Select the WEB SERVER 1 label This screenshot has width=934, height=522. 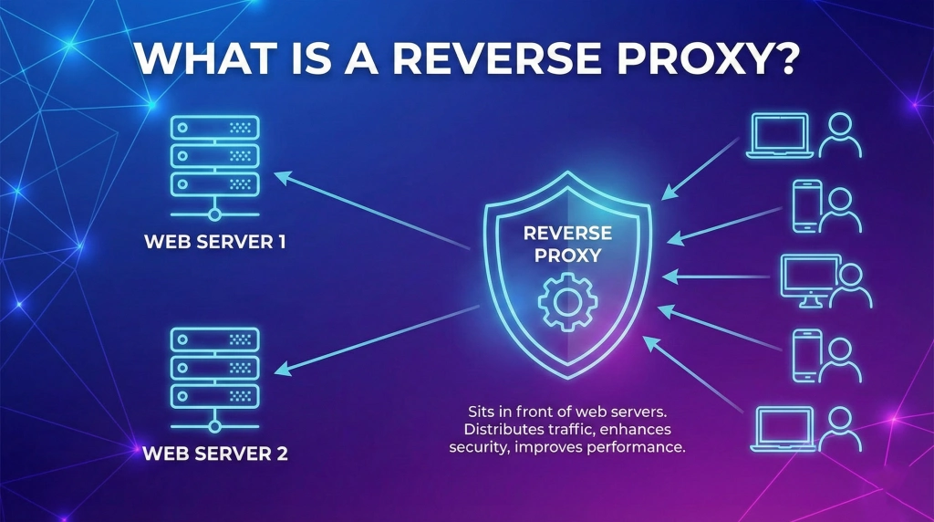[x=215, y=244]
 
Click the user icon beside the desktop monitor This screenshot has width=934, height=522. [x=854, y=285]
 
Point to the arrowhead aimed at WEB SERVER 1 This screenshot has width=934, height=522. [x=283, y=175]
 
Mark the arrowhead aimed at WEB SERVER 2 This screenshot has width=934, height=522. [x=283, y=370]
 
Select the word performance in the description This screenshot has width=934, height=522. [x=633, y=448]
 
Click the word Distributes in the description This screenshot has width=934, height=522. [x=504, y=428]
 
